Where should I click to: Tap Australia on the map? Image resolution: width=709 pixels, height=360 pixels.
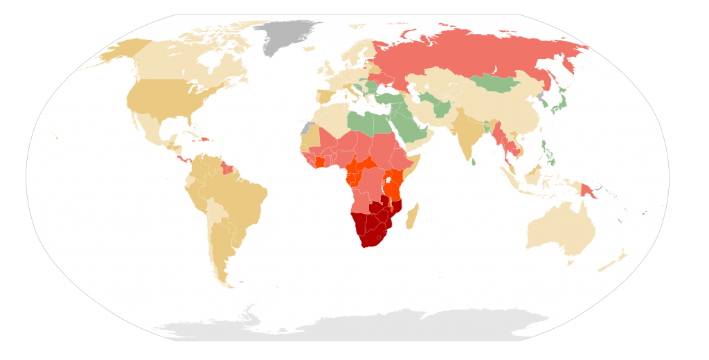coord(561,228)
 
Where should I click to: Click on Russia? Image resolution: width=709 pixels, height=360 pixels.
coord(471,52)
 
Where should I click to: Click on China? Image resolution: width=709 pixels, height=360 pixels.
coord(505,111)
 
